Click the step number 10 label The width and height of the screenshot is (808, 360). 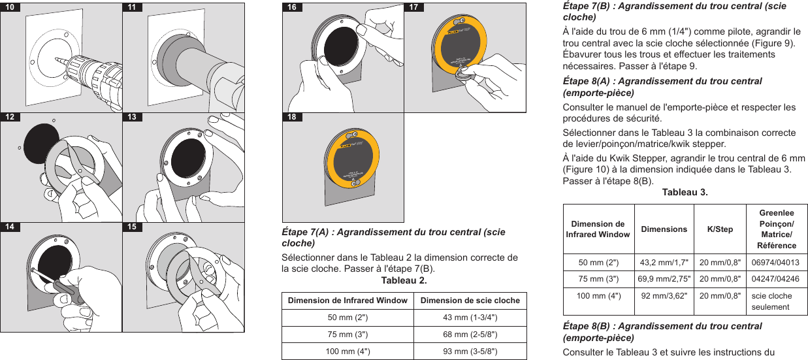[10, 8]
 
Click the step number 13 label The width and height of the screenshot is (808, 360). [133, 118]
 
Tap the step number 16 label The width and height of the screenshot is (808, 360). [292, 8]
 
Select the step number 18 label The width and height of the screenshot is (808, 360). [292, 118]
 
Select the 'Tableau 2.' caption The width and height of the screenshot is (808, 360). [404, 281]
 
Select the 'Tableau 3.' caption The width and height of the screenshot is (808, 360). [685, 192]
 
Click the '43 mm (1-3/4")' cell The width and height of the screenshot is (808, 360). [470, 318]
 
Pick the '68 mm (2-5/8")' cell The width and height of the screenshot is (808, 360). [470, 335]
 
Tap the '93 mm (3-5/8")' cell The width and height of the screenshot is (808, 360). [470, 352]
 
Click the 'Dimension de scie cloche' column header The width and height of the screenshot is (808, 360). [470, 301]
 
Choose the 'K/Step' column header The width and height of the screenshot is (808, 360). [720, 229]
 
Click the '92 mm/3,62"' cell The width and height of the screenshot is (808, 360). [664, 295]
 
